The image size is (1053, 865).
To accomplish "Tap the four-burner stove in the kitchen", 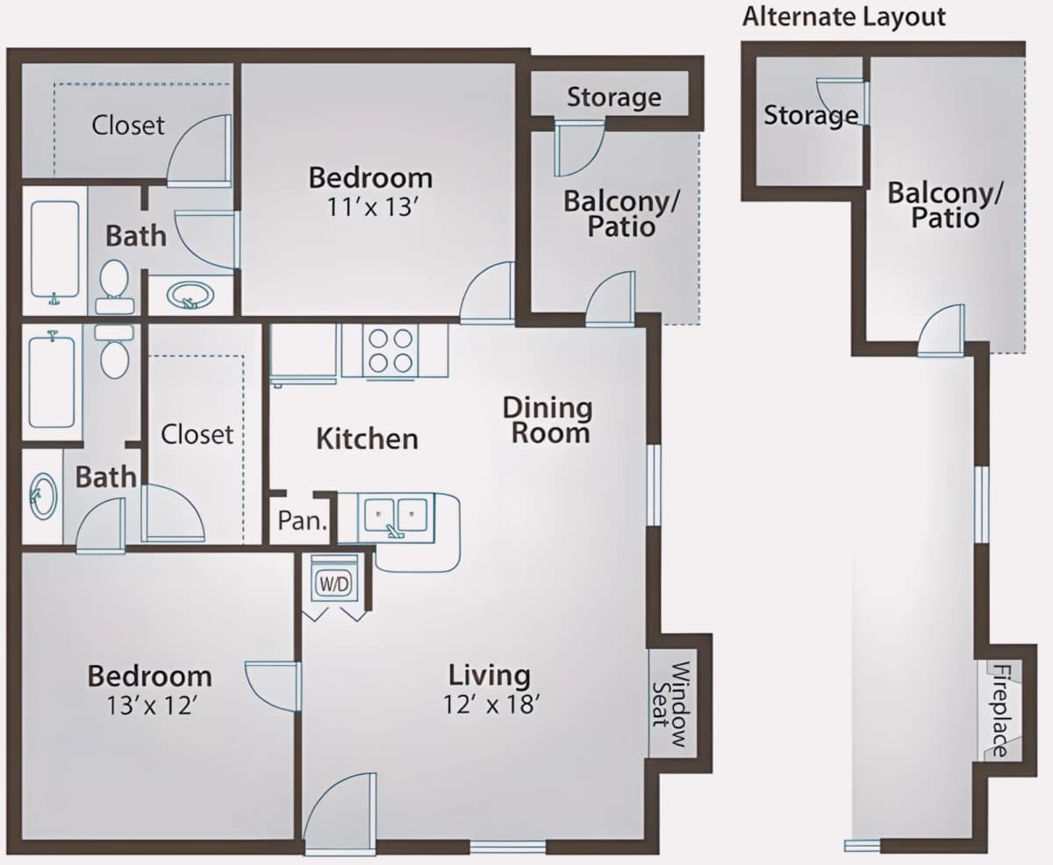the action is coord(390,350).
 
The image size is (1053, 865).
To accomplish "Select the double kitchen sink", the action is coord(396,518).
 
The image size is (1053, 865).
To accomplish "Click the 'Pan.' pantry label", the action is coord(302,520).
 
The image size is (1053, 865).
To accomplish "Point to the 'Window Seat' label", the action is coord(671,704).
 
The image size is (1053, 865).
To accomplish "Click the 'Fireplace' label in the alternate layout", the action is coord(1001,711).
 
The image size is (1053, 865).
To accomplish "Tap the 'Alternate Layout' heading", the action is coord(844,17).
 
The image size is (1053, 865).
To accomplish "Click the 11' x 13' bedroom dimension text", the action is coord(371,207).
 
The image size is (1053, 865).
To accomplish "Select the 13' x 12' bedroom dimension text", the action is coord(150,705).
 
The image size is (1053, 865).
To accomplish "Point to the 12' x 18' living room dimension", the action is coord(491,704).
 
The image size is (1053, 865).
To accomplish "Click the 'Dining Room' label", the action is coord(548,420).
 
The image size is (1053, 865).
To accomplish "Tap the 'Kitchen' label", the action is coord(367,440).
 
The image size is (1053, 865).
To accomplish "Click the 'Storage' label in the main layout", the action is coord(613,97).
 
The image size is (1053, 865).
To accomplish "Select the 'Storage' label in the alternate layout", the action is coord(811,115).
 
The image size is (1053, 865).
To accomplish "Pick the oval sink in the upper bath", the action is coord(190,296).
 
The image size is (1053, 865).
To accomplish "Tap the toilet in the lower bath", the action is coord(114,351).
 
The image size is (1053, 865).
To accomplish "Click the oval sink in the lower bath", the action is coord(42,497).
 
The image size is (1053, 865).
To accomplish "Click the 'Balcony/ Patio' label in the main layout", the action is coord(621,215).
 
